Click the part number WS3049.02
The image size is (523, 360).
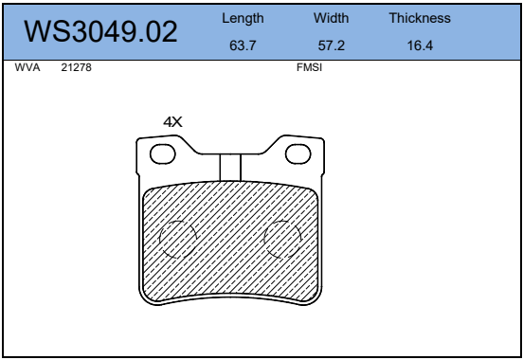pyautogui.click(x=100, y=31)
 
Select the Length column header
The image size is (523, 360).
pyautogui.click(x=243, y=18)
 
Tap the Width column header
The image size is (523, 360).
pyautogui.click(x=331, y=18)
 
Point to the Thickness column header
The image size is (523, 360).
pyautogui.click(x=420, y=18)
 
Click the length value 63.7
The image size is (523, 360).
pyautogui.click(x=243, y=45)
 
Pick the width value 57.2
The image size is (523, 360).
pyautogui.click(x=332, y=45)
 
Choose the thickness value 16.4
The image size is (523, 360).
pyautogui.click(x=420, y=45)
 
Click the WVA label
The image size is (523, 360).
pyautogui.click(x=27, y=67)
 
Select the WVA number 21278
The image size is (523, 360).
pyautogui.click(x=76, y=67)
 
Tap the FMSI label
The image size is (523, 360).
pyautogui.click(x=309, y=67)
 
